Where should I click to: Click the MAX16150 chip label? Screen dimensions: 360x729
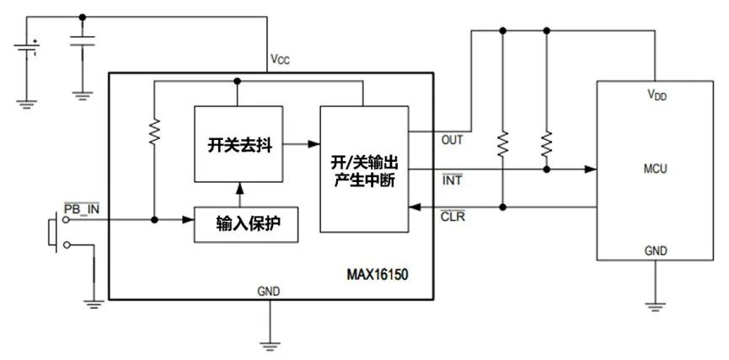(378, 275)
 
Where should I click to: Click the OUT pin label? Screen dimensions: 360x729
(453, 140)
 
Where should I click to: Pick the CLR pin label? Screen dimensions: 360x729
(453, 217)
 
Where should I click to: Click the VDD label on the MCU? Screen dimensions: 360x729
(655, 96)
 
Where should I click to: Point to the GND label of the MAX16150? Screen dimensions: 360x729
(270, 291)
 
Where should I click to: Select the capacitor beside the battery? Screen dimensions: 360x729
(81, 43)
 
